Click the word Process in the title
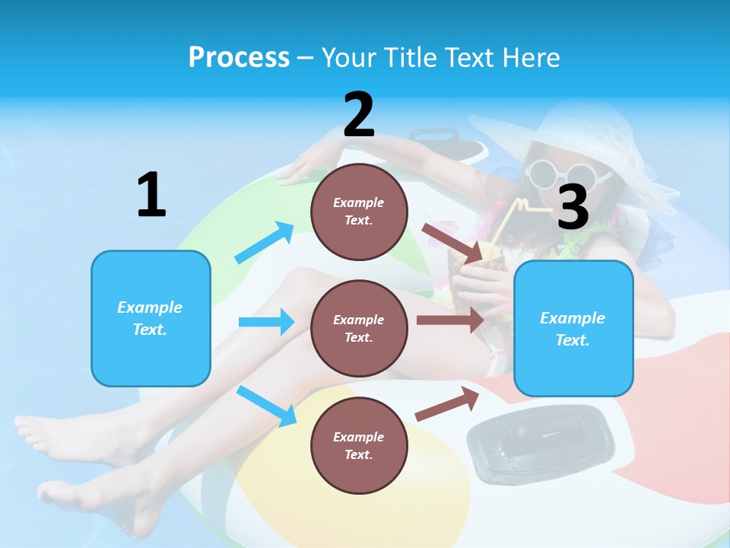point(239,57)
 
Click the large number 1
point(151,195)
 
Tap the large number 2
point(359,115)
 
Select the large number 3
point(573,207)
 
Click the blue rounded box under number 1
point(151,318)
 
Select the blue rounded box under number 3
point(573,329)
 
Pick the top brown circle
point(359,211)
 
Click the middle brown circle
point(359,328)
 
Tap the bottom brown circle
point(359,445)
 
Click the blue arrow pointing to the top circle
point(265,243)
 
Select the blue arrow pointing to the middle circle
point(266,322)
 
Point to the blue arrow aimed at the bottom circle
point(266,406)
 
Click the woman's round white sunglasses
point(560,174)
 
